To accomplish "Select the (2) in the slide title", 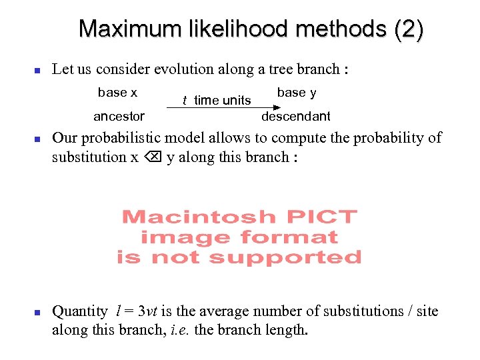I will (x=408, y=29).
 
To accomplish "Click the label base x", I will (x=117, y=92).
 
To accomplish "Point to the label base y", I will (x=297, y=92).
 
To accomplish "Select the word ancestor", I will (x=119, y=116).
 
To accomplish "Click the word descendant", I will (x=295, y=116).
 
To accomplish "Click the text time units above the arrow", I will (x=222, y=101).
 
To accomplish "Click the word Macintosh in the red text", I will (x=199, y=217).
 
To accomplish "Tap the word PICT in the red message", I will (x=322, y=217).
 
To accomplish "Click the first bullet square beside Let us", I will (x=38, y=70).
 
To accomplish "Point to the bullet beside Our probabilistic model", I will (x=38, y=139).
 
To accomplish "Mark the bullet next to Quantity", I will (x=38, y=312).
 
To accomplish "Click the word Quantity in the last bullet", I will (x=79, y=311).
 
